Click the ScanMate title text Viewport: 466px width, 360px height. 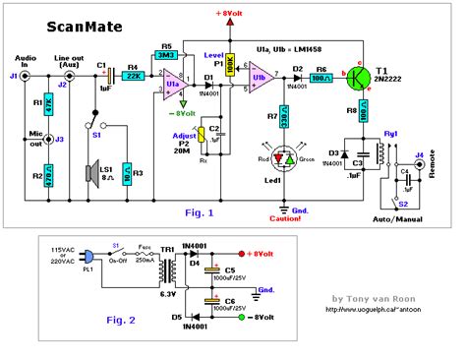coord(62,28)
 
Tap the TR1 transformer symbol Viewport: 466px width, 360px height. coord(171,267)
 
